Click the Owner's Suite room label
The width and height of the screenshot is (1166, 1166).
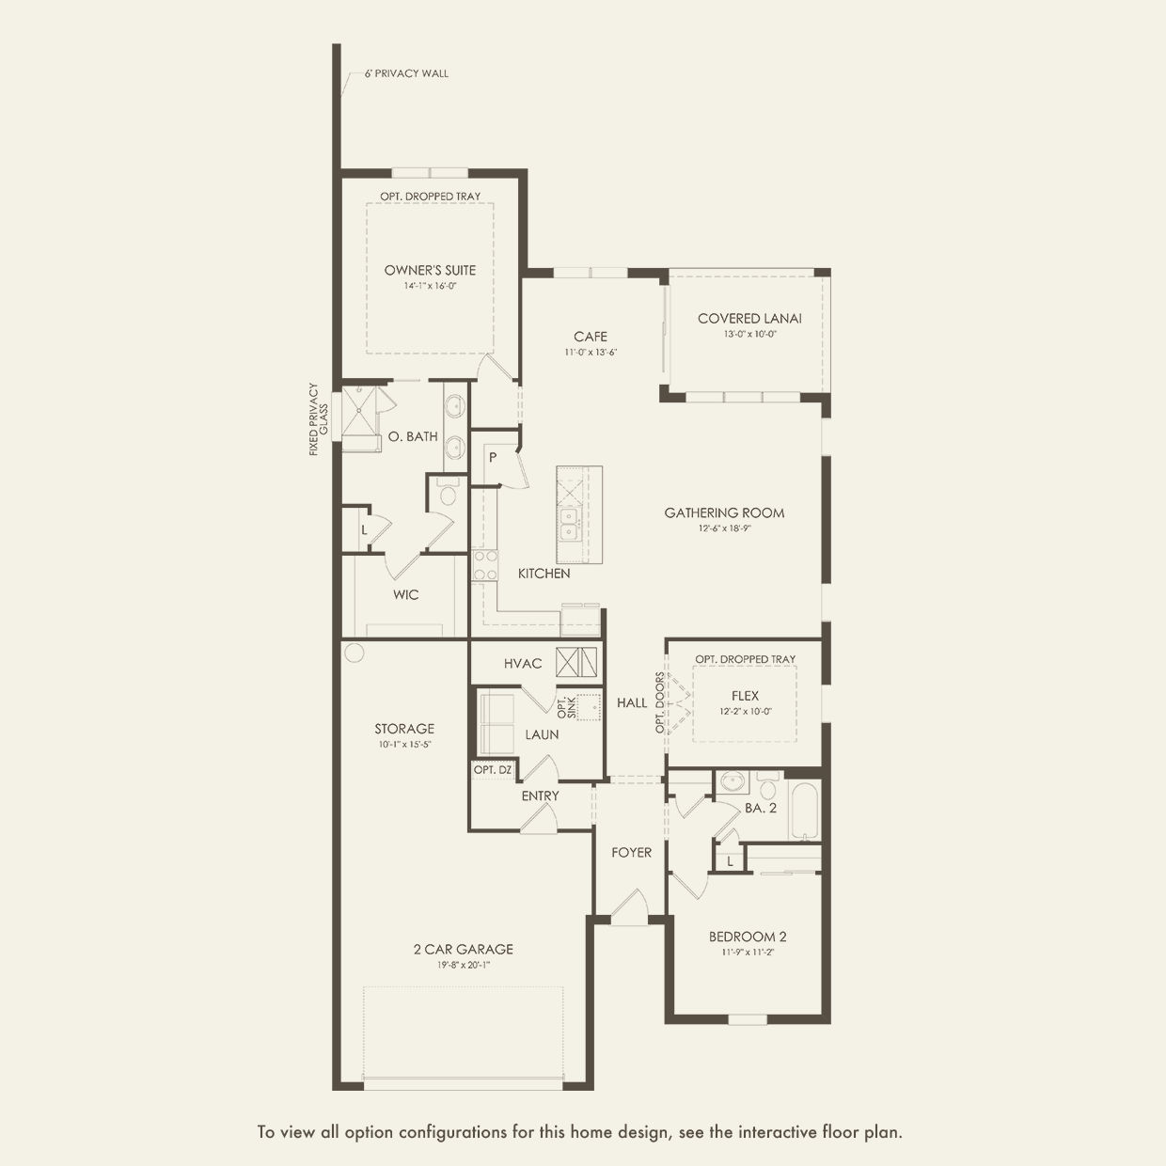[x=430, y=271]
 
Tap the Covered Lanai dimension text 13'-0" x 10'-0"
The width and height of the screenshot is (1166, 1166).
[x=749, y=334]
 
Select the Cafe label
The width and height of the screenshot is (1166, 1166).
[x=591, y=337]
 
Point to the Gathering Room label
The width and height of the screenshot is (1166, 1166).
[x=724, y=513]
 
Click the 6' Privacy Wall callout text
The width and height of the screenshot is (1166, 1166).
[x=406, y=74]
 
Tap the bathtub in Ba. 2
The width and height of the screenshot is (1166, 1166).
[x=804, y=811]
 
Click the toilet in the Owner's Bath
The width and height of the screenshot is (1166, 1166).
[x=448, y=493]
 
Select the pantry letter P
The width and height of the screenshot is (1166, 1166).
[x=493, y=457]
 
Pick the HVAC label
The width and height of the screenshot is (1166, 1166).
[x=523, y=664]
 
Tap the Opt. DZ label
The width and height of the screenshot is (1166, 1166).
[x=493, y=770]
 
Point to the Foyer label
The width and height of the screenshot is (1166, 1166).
[x=631, y=853]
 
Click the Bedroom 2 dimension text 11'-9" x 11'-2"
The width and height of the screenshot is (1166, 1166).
[x=748, y=953]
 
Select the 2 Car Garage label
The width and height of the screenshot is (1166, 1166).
[x=464, y=950]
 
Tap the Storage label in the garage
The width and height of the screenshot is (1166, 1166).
[x=404, y=729]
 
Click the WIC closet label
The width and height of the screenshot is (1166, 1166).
[x=405, y=595]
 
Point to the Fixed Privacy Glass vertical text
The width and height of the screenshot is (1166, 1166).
[x=318, y=419]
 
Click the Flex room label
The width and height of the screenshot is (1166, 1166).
[x=745, y=697]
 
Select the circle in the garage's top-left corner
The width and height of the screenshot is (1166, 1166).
[x=354, y=653]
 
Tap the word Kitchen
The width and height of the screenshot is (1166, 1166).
[x=544, y=574]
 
